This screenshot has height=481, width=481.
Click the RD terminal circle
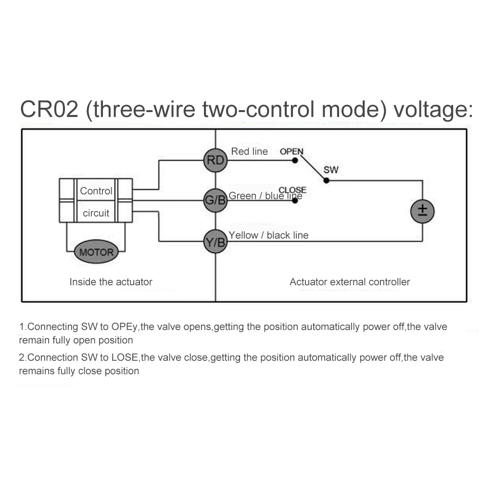[x=215, y=160]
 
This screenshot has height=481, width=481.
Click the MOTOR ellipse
[x=96, y=252]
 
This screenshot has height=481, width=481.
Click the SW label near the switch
[x=331, y=170]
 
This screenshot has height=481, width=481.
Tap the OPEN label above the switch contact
[x=291, y=152]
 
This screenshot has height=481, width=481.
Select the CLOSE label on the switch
[x=292, y=190]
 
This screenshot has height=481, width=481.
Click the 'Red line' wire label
[x=249, y=152]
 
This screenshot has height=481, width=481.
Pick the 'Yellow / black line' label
[x=268, y=235]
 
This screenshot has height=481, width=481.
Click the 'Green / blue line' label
[x=265, y=196]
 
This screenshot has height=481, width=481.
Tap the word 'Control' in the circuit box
[x=96, y=191]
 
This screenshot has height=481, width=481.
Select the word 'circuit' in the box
[x=96, y=213]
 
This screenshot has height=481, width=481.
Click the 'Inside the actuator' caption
[x=111, y=282]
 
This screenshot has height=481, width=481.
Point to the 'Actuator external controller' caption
[x=350, y=282]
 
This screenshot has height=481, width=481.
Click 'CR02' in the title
[x=49, y=110]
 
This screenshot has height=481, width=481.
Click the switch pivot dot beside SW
[x=326, y=181]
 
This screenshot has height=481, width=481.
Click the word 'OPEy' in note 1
[x=125, y=327]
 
